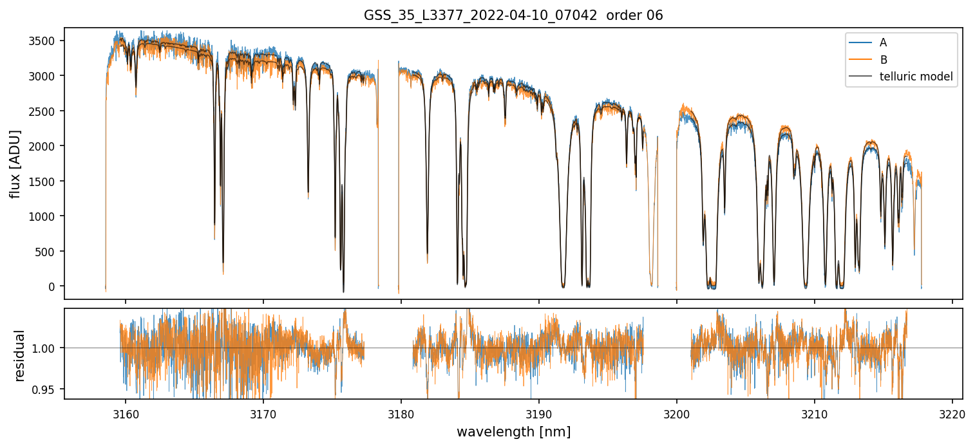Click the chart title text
point(513,15)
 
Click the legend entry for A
point(883,42)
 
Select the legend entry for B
point(883,60)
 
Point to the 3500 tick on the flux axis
point(43,41)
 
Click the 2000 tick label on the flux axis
point(43,146)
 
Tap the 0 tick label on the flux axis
point(52,286)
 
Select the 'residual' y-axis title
point(19,355)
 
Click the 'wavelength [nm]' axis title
point(513,431)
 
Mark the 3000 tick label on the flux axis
point(43,76)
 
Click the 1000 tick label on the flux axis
point(43,216)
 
